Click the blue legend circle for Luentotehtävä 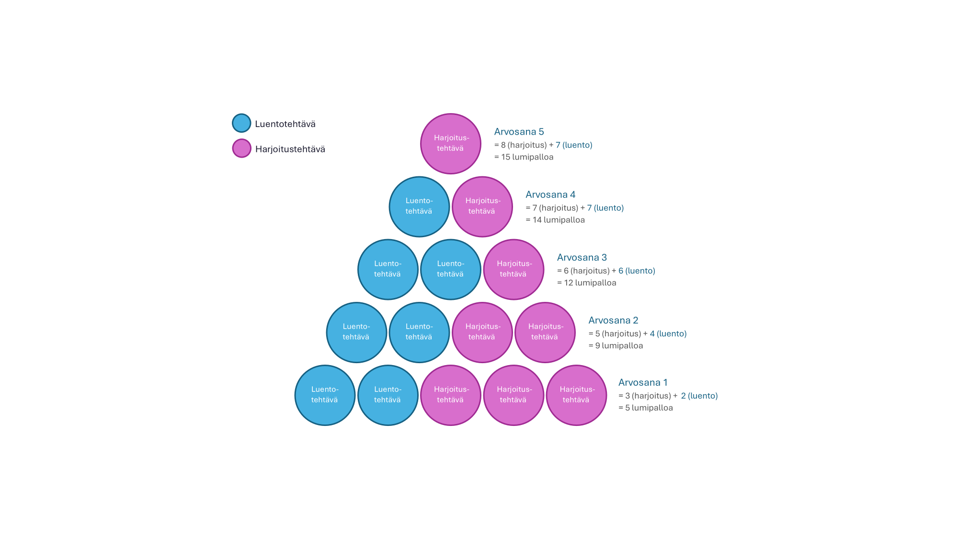tap(241, 123)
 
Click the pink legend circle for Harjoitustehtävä tap(241, 149)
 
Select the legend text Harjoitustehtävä tap(290, 149)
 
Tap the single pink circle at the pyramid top tap(451, 144)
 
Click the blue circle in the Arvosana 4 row tap(419, 206)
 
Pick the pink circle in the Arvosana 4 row tap(482, 206)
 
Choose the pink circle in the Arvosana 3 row tap(513, 269)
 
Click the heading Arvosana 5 tap(519, 132)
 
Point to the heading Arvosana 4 tap(550, 195)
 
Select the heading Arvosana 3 tap(582, 257)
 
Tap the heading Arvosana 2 tap(613, 320)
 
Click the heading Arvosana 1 tap(643, 382)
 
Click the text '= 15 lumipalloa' tap(524, 157)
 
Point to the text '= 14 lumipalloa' tap(555, 220)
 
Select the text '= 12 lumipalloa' tap(587, 283)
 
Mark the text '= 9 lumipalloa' tap(616, 345)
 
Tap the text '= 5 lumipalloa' tap(646, 408)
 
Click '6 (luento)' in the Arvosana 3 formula tap(637, 271)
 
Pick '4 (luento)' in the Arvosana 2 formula tap(668, 333)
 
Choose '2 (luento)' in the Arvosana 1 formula tap(699, 396)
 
